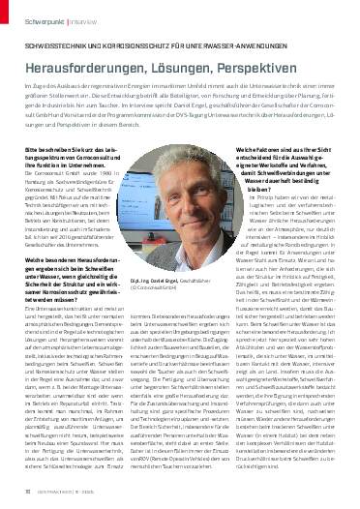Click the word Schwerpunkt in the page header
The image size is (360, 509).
[34, 17]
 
